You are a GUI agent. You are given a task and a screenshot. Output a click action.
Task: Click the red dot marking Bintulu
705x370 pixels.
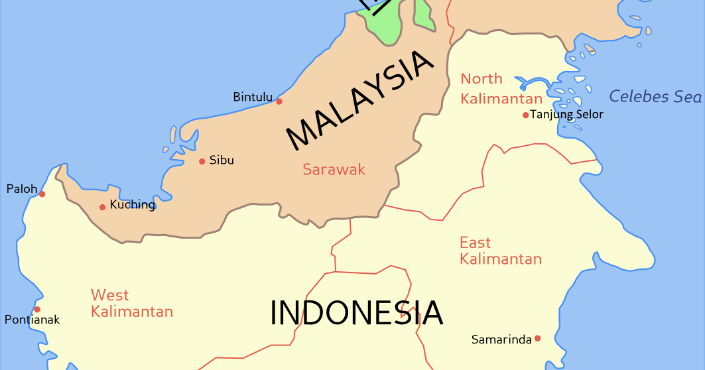click(279, 101)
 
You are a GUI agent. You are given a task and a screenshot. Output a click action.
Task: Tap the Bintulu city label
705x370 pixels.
click(253, 97)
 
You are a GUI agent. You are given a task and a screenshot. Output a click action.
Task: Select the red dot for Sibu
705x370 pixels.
click(202, 161)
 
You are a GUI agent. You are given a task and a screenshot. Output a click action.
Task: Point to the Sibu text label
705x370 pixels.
click(222, 160)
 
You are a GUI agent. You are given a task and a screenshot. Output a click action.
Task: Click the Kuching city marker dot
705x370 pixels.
click(102, 207)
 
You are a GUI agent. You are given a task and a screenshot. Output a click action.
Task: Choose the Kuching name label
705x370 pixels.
click(133, 205)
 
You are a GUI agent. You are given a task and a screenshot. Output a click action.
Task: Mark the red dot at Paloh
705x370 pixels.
click(42, 194)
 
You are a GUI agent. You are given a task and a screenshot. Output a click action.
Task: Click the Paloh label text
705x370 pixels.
click(22, 189)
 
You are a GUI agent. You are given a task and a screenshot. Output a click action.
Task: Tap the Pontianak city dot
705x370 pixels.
click(37, 309)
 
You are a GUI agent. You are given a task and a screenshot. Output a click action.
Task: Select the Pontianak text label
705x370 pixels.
click(32, 320)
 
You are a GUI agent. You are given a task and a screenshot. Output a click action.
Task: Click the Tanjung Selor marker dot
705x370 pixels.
click(525, 115)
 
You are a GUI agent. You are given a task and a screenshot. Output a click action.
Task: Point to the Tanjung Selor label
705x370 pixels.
click(567, 115)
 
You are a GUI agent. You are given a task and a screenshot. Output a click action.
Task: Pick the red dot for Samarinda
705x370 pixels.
click(537, 338)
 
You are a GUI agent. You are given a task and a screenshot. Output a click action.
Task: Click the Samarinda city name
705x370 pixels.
click(501, 339)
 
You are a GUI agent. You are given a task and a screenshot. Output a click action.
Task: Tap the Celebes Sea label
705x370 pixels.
click(655, 96)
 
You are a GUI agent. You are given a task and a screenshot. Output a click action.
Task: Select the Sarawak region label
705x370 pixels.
click(334, 170)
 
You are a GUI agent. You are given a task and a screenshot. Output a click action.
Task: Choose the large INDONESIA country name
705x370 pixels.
click(357, 313)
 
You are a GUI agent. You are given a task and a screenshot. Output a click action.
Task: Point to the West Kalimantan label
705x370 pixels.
click(132, 303)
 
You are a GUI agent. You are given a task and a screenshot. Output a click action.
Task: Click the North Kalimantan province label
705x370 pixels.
click(501, 89)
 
